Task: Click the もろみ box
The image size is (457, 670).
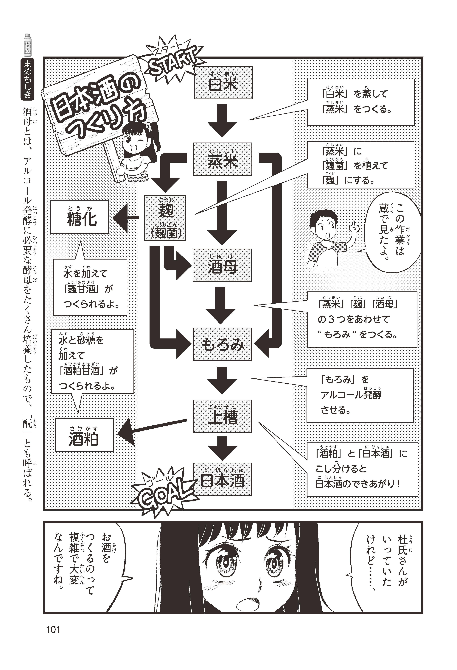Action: [x=222, y=344]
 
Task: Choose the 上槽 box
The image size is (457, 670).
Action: [x=222, y=416]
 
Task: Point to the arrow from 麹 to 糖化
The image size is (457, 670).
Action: [x=124, y=219]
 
